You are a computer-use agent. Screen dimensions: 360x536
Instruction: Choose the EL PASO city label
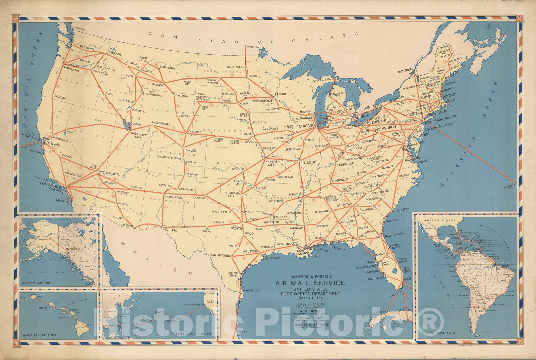[x=171, y=230]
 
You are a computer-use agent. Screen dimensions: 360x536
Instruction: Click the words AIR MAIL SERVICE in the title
[x=310, y=283]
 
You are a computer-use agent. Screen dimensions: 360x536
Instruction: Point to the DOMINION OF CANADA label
[x=254, y=38]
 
